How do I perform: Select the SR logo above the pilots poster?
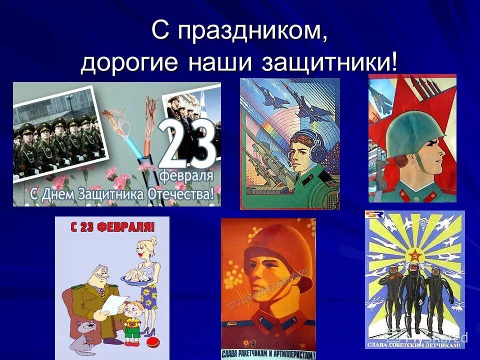tap(374, 214)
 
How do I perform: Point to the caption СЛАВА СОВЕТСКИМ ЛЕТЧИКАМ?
tap(415, 344)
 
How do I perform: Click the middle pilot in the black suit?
tap(413, 295)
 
